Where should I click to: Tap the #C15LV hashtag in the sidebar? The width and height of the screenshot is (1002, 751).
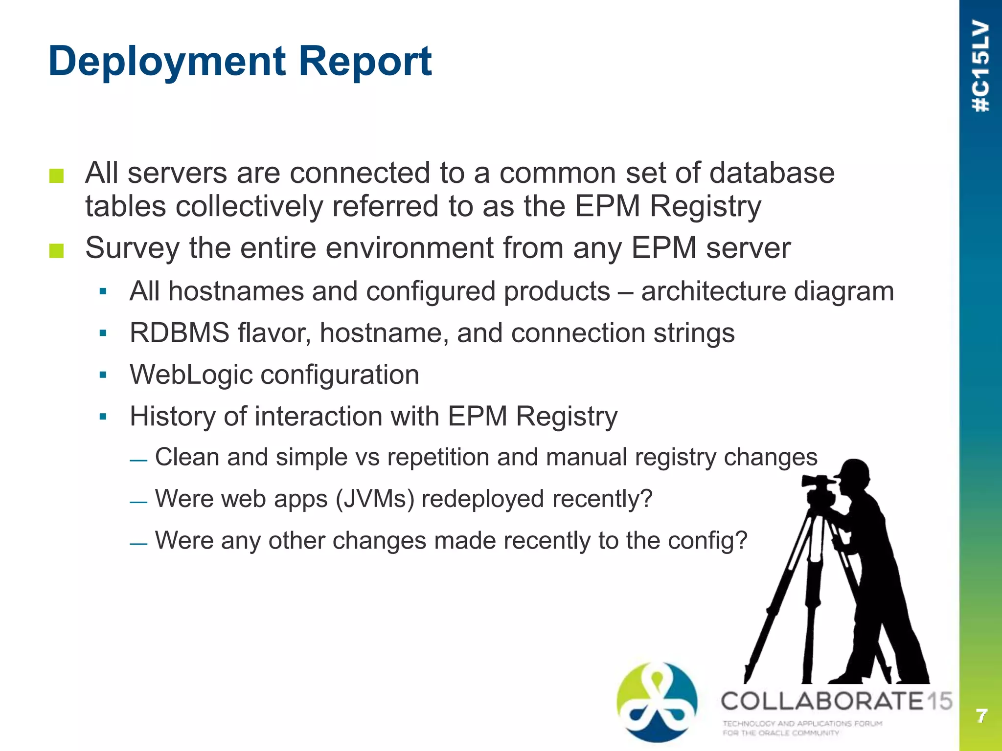tap(981, 66)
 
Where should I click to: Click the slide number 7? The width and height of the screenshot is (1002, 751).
tap(981, 716)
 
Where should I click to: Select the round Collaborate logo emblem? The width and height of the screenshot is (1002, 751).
tap(657, 701)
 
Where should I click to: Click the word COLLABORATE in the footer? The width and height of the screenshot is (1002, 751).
tap(822, 701)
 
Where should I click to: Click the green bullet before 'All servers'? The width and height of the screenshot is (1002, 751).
tap(57, 176)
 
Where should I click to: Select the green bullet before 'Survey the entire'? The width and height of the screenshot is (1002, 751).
tap(57, 251)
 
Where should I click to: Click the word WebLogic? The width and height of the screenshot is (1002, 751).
tap(190, 375)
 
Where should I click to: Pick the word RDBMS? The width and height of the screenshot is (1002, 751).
tap(179, 333)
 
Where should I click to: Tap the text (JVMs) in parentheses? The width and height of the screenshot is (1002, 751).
tap(375, 499)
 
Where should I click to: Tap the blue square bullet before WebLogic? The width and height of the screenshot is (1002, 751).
tap(103, 375)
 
